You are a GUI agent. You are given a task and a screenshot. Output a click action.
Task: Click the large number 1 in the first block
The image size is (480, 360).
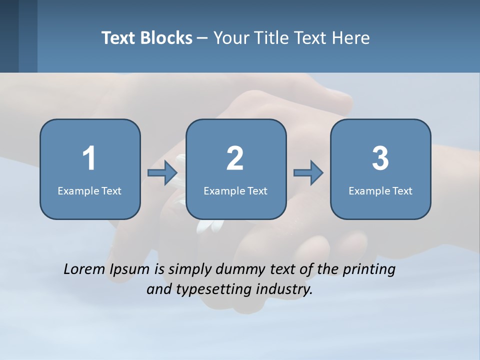tap(89, 158)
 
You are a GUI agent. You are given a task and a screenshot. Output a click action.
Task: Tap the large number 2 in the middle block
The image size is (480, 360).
tap(235, 158)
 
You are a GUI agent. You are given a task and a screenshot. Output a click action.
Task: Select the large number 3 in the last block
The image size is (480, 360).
tap(380, 158)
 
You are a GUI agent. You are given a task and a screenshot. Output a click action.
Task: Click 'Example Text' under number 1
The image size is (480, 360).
tap(89, 190)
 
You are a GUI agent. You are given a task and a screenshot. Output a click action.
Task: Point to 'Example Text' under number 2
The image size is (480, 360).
tap(235, 190)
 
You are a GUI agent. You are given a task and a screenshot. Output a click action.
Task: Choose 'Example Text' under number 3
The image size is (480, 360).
tap(380, 190)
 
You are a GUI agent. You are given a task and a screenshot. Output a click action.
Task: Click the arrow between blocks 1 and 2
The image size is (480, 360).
tap(163, 173)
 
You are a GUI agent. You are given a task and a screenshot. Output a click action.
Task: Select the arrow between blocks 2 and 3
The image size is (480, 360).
tap(308, 173)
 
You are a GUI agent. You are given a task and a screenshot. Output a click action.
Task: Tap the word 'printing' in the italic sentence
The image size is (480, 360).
tap(369, 270)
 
